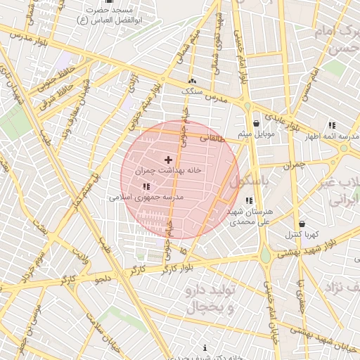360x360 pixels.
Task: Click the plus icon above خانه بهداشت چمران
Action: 168,160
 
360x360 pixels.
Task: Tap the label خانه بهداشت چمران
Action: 168,170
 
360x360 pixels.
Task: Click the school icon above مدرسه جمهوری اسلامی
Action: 146,186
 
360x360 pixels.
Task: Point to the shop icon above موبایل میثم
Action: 256,122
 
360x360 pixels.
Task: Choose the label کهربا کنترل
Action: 302,234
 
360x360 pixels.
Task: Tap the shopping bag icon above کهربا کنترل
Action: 302,224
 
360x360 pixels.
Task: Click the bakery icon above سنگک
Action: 192,82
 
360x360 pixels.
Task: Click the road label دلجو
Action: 105,278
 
